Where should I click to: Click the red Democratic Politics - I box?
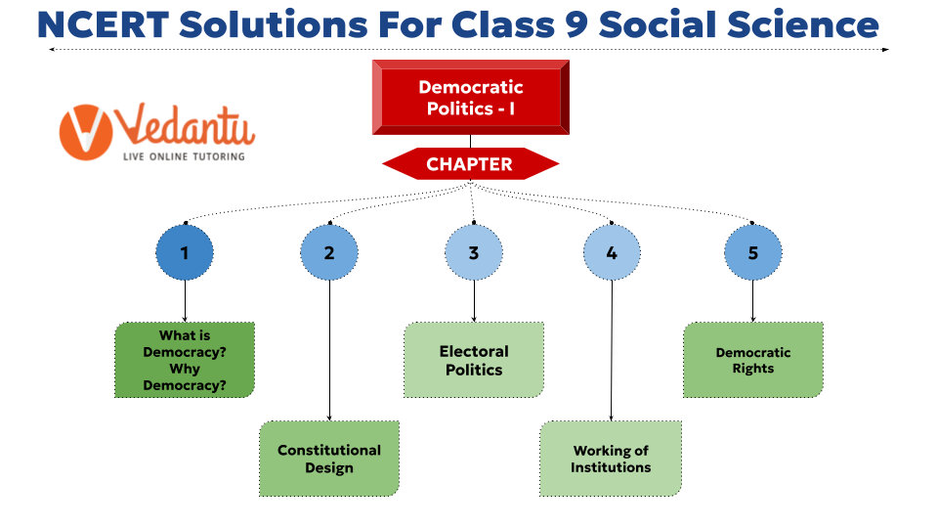471,97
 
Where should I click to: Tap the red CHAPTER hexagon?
471,164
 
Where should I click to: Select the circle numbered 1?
185,252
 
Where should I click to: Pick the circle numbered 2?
329,252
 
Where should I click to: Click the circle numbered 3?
474,252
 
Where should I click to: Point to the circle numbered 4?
612,252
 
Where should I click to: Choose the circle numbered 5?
753,252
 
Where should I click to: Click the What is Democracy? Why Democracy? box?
185,360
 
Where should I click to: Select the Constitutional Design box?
329,459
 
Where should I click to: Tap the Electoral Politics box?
474,360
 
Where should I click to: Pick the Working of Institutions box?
611,459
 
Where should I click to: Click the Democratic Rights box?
753,360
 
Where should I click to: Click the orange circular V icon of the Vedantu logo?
86,132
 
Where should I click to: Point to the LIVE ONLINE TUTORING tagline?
185,156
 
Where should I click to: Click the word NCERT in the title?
103,24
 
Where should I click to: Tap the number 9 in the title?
576,24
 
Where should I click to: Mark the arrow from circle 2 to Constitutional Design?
329,350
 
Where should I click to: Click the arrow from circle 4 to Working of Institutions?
612,350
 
